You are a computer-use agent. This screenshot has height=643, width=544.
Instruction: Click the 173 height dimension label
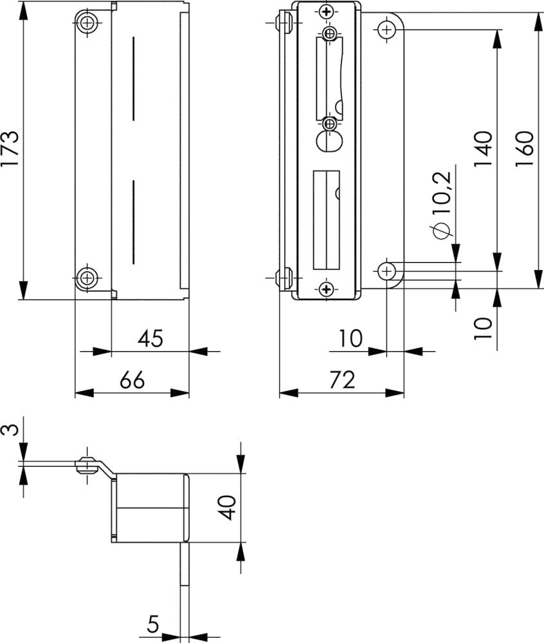(x=10, y=148)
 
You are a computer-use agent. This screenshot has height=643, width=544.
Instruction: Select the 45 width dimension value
(x=150, y=339)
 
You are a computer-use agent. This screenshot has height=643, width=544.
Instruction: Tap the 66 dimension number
(x=132, y=380)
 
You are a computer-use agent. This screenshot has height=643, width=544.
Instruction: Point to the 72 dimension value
(x=342, y=380)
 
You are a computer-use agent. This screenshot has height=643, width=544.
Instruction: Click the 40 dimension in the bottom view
(x=227, y=508)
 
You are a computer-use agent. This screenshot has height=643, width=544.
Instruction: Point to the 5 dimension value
(x=153, y=624)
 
